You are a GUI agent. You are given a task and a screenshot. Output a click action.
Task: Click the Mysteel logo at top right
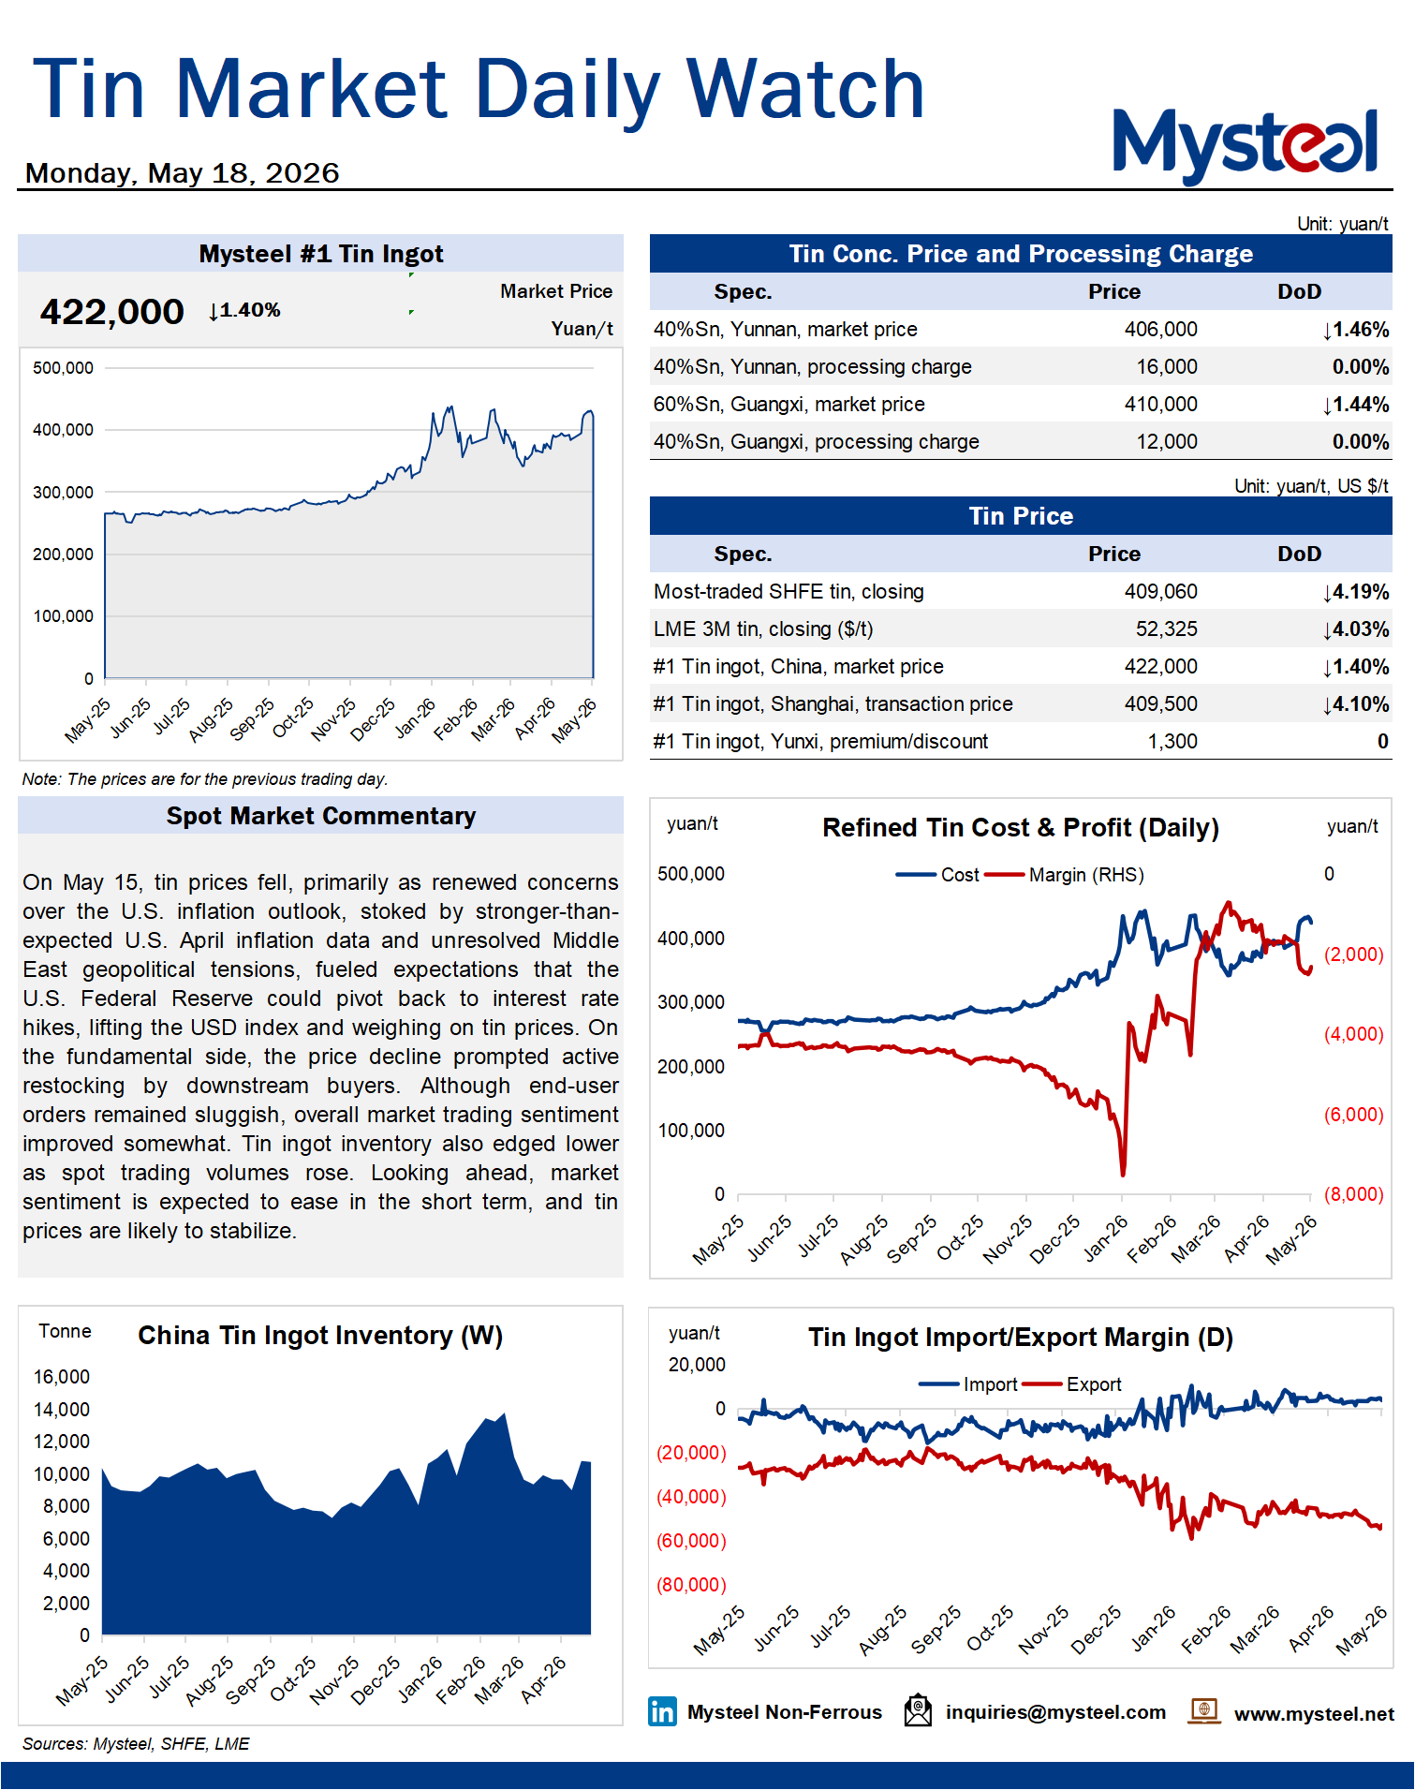(1245, 144)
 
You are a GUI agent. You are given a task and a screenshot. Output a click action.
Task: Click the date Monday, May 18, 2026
(182, 173)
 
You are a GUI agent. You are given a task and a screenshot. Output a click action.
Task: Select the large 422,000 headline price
(111, 312)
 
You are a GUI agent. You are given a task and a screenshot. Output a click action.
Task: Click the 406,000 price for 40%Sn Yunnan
(1160, 330)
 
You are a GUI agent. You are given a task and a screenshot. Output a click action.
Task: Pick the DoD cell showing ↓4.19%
(1355, 592)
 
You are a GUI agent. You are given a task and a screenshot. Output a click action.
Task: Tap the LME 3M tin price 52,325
(1166, 629)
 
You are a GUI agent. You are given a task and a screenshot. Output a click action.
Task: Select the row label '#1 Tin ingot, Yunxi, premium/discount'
(820, 742)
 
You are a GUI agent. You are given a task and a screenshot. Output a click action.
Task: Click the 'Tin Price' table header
(1021, 516)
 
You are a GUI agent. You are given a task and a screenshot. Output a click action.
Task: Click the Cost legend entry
(937, 875)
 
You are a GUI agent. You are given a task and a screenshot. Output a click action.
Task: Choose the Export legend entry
(1072, 1384)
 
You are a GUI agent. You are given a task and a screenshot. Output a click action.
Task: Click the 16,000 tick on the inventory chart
(62, 1377)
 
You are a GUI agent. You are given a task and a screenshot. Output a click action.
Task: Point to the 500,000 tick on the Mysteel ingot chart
(63, 368)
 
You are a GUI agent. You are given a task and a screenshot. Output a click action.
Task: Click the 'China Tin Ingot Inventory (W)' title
(320, 1336)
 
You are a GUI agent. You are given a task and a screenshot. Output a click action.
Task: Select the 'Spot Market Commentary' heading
(321, 816)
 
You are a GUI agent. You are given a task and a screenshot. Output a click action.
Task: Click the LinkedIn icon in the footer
(662, 1712)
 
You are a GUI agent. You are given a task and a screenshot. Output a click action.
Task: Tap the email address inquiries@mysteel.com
(1055, 1713)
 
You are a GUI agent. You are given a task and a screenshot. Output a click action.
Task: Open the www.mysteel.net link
(1314, 1714)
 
